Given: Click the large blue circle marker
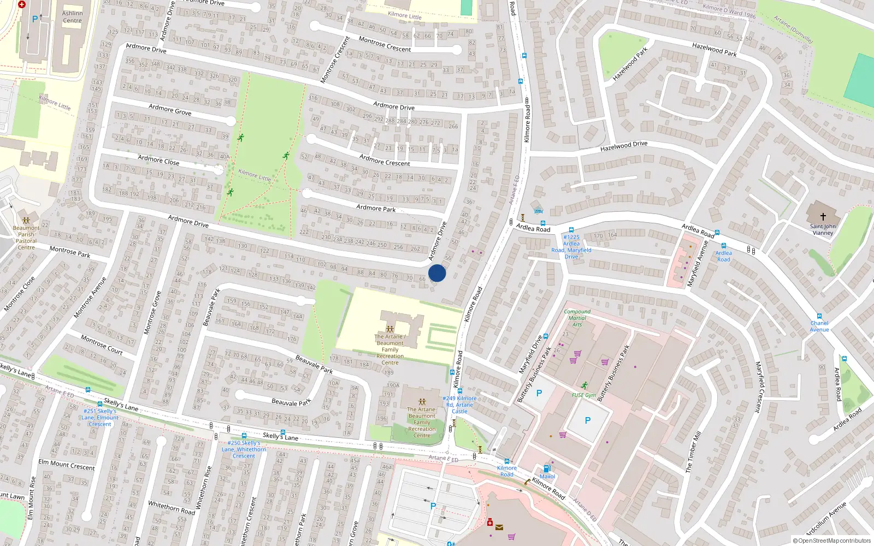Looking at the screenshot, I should [x=437, y=273].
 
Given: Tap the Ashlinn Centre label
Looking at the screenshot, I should [x=72, y=17].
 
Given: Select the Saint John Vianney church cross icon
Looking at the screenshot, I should [x=823, y=217].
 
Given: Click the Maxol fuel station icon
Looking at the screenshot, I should [x=547, y=468].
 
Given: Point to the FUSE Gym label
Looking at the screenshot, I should [x=584, y=395].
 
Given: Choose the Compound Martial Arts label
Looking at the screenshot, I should [x=577, y=318].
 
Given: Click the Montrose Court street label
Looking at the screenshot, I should [x=102, y=345].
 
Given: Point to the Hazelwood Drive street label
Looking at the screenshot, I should [x=624, y=146].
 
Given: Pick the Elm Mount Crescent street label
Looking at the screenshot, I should [x=67, y=465].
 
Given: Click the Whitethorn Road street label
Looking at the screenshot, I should [x=171, y=508].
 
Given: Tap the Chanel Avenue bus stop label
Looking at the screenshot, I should [x=819, y=326].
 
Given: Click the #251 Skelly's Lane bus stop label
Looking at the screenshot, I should [x=99, y=417].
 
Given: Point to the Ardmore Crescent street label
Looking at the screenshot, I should [x=385, y=159].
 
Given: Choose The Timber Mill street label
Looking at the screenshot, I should [x=694, y=452].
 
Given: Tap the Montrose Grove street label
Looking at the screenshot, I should [x=152, y=312].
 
